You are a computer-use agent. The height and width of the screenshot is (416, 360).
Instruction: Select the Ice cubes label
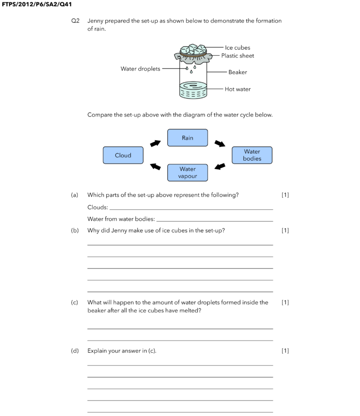click(237, 47)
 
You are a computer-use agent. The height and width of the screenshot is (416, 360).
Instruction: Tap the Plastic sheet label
click(238, 56)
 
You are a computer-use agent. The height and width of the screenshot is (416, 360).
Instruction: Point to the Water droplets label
click(140, 69)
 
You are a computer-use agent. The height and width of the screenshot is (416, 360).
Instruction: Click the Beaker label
click(238, 72)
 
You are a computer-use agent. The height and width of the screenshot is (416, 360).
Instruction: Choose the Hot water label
click(238, 89)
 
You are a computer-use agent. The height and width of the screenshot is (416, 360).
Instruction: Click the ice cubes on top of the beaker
click(193, 49)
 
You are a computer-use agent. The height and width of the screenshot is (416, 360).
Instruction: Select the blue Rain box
click(187, 138)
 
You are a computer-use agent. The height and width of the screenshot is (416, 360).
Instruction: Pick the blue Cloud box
click(123, 155)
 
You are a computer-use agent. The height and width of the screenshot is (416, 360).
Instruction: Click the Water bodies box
click(252, 155)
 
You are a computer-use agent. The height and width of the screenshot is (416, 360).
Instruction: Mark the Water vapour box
click(187, 172)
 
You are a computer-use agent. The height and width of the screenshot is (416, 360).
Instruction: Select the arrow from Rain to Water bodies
click(220, 143)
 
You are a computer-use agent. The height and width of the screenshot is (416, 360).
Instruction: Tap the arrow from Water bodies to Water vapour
click(220, 166)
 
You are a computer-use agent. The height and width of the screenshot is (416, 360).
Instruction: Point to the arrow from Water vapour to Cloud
click(155, 166)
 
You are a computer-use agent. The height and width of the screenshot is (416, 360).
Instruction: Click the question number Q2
click(75, 21)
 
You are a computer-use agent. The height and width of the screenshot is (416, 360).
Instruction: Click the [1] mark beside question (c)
click(285, 303)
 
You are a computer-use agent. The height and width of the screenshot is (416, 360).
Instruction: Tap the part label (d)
click(75, 351)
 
